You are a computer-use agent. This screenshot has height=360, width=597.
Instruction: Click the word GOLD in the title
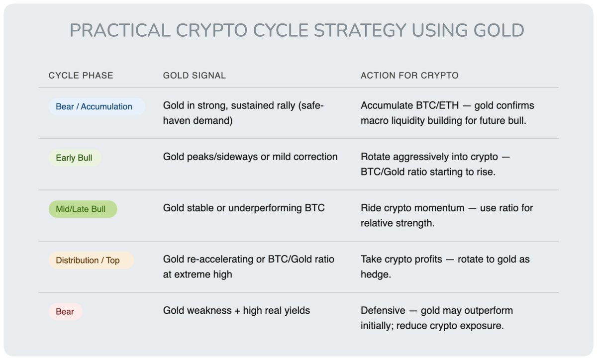point(498,30)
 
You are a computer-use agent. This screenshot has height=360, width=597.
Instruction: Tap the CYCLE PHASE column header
point(81,76)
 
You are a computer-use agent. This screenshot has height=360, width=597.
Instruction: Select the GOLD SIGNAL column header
point(195,76)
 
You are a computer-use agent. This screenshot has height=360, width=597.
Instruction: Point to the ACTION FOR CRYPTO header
point(409,76)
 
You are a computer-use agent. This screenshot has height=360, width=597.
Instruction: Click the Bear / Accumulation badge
point(97,106)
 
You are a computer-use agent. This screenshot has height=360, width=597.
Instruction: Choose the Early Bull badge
point(75,158)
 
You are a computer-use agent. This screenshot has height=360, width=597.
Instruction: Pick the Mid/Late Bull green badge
point(83,209)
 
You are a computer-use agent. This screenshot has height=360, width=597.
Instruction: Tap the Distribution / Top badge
point(91,261)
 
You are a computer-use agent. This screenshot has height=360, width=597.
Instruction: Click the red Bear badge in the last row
point(65,311)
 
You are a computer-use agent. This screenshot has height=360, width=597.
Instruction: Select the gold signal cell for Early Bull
point(250,157)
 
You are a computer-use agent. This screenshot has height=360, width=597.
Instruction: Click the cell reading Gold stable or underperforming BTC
point(244,208)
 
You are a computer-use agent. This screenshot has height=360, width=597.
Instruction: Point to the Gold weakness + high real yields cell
point(236,311)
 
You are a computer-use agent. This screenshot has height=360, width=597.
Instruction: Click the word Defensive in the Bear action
point(383,311)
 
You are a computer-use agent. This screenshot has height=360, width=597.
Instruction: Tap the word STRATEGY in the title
point(360,30)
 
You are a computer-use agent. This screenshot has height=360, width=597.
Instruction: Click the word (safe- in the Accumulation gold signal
point(311,106)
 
